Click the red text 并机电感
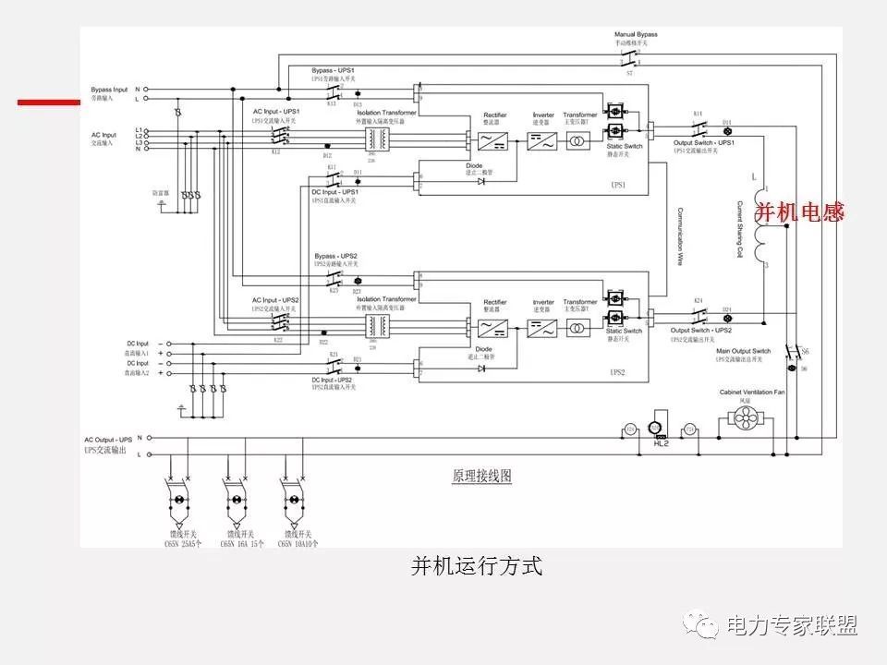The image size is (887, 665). tap(800, 212)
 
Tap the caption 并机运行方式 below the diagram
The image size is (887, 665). tap(476, 566)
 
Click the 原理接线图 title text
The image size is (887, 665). tap(481, 477)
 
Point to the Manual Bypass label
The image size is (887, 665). tap(636, 35)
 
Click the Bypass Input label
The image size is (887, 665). tap(109, 89)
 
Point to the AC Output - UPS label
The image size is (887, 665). tap(108, 440)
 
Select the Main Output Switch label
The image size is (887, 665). tap(743, 352)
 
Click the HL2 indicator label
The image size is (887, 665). tap(660, 444)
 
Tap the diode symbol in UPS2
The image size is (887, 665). tap(481, 368)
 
